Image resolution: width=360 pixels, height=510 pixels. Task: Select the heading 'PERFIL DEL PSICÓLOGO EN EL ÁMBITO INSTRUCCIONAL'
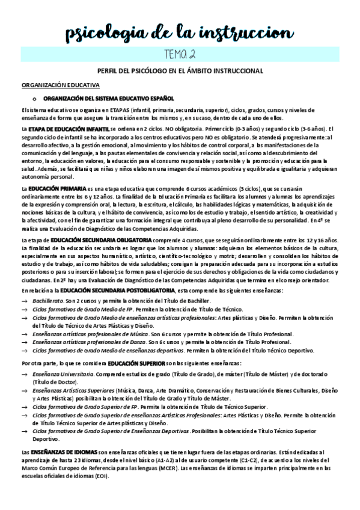point(180,71)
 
